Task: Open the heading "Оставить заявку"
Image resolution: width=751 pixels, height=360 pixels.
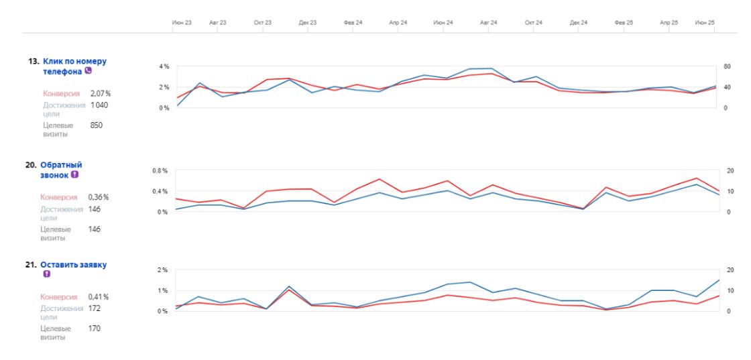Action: [74, 265]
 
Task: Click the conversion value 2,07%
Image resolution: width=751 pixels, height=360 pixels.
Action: [100, 93]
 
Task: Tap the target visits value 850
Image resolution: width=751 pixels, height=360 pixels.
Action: [96, 125]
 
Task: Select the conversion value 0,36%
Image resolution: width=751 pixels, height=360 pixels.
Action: [99, 197]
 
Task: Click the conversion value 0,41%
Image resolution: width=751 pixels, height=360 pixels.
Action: [99, 296]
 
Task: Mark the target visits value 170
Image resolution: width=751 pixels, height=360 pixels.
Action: [95, 328]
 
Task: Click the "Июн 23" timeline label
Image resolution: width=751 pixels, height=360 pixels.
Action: [182, 23]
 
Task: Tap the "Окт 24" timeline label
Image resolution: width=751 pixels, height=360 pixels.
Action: [534, 23]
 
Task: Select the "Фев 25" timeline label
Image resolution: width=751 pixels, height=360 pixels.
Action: [624, 23]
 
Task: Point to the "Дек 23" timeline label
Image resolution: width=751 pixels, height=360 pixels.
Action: [308, 23]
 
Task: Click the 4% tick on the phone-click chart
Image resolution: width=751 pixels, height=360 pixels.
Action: [164, 66]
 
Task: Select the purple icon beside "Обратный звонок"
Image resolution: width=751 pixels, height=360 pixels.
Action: [74, 175]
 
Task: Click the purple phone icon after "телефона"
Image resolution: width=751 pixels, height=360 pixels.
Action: [87, 71]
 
